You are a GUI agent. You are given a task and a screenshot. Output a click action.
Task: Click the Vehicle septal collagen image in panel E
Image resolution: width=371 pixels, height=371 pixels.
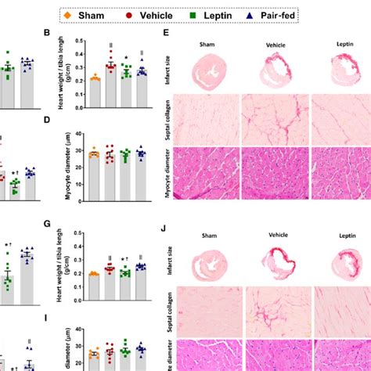[273, 119]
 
